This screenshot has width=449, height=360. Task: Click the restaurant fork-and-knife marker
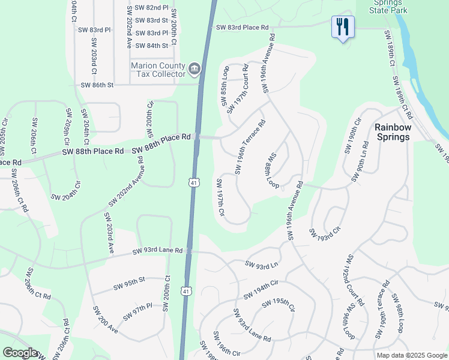pos(343,27)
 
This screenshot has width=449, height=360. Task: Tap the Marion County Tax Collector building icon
pos(194,70)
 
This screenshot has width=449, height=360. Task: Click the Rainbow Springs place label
pos(393,132)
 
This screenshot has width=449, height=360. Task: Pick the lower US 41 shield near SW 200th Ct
pos(187,291)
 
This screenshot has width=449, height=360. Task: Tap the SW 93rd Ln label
pos(262,263)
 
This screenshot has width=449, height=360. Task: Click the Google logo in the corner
pos(20,353)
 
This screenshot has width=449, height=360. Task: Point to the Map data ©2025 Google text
pos(411,355)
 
